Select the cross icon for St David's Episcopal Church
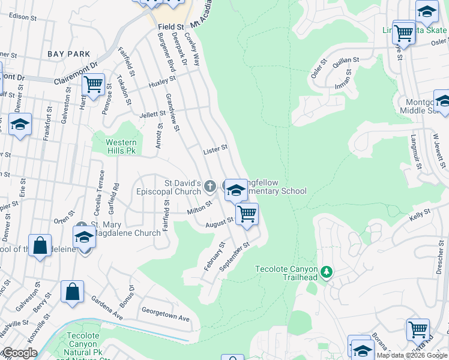(210, 187)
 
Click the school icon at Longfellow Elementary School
(236, 191)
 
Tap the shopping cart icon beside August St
(246, 214)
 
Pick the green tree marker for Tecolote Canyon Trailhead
(327, 272)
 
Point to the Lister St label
(215, 148)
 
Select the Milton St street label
(199, 208)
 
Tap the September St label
(234, 257)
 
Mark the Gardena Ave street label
(107, 307)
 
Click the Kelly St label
(420, 212)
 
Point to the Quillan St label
(347, 60)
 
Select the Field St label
(171, 28)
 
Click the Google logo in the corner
(19, 353)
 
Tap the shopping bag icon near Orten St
(40, 246)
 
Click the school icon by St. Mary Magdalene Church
(84, 238)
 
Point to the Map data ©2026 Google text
(412, 355)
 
